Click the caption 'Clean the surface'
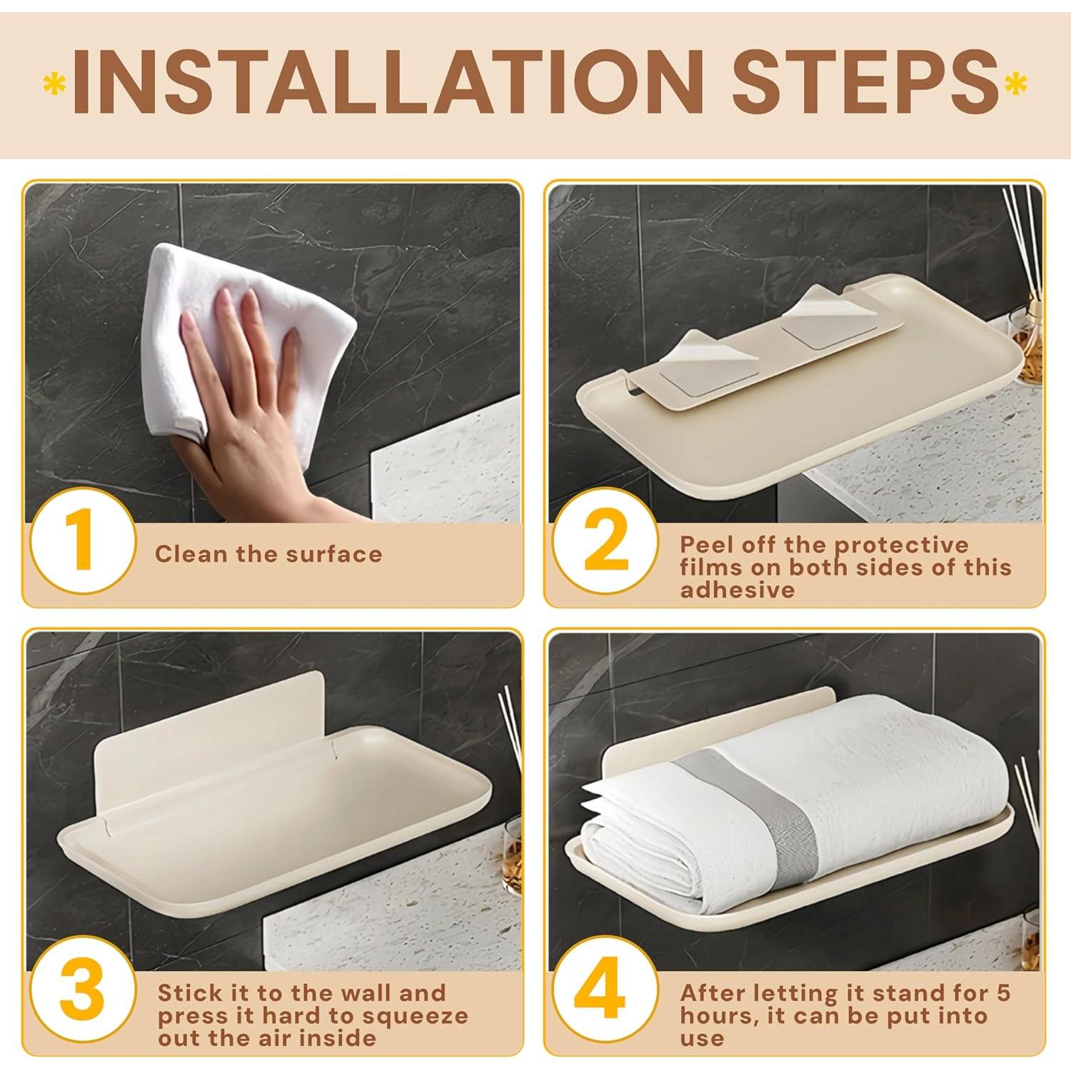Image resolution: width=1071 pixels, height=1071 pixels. (x=268, y=554)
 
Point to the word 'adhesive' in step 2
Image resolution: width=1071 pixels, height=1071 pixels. (x=738, y=590)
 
